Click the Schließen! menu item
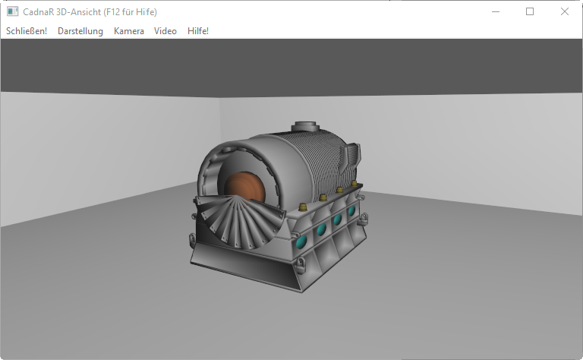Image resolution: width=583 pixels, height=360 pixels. coord(27,31)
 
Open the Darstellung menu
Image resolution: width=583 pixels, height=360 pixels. coord(80,31)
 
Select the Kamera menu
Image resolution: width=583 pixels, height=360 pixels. coord(128,31)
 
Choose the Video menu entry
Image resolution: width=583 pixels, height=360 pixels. coord(165,31)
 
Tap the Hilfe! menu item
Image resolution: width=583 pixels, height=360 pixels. coord(198,31)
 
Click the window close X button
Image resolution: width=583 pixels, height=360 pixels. coord(565,11)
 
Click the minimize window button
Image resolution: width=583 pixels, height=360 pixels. coord(495,11)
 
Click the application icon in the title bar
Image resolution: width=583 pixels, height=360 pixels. coord(12,11)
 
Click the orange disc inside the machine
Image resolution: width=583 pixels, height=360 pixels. coord(245,188)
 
